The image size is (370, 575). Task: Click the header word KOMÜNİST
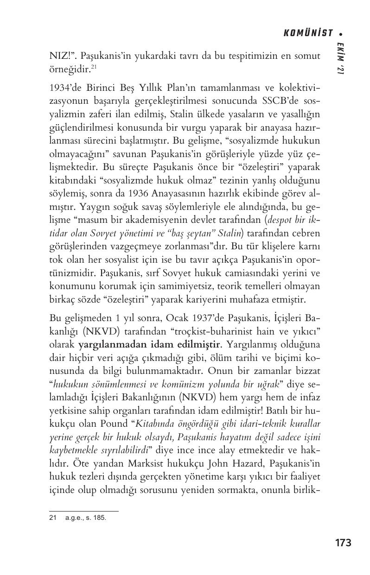tap(308, 33)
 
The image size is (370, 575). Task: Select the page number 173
tap(343, 543)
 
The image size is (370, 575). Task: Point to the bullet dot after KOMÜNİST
tap(341, 33)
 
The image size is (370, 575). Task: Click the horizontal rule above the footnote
tap(83, 512)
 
